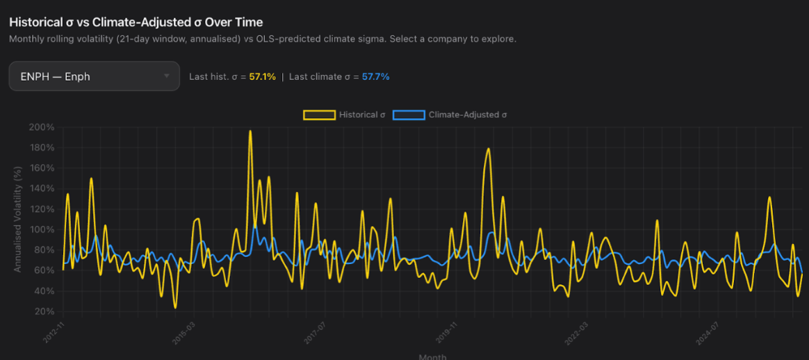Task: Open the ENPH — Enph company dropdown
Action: pyautogui.click(x=83, y=76)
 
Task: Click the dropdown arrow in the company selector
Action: pyautogui.click(x=167, y=76)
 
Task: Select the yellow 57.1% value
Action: pyautogui.click(x=262, y=76)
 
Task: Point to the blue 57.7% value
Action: pyautogui.click(x=375, y=76)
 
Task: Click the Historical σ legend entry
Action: pyautogui.click(x=344, y=115)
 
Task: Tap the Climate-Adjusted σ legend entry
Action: pyautogui.click(x=450, y=115)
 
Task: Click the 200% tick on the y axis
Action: pyautogui.click(x=42, y=127)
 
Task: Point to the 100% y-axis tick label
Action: pyautogui.click(x=42, y=229)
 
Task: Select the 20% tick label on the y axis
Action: pyautogui.click(x=44, y=311)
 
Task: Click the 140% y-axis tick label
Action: pyautogui.click(x=42, y=188)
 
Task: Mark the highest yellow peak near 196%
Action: pyautogui.click(x=250, y=131)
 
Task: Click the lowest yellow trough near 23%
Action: pyautogui.click(x=175, y=307)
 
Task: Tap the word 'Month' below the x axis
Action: pyautogui.click(x=432, y=356)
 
